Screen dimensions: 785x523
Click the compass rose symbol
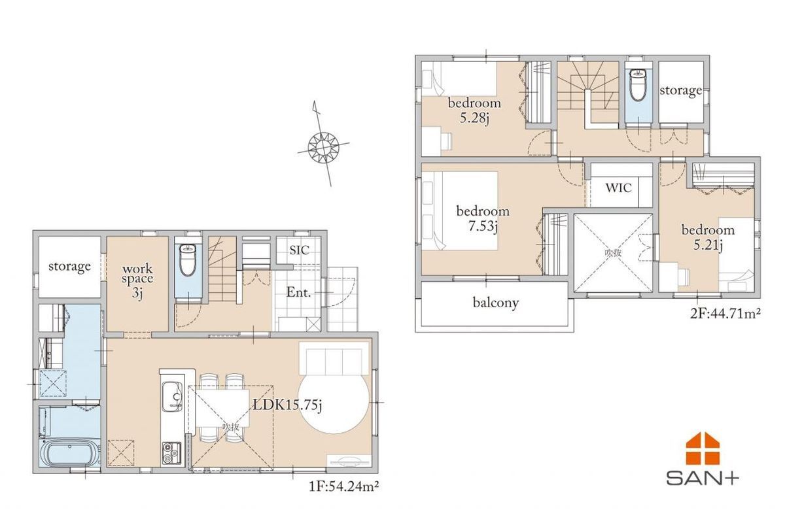[323, 147]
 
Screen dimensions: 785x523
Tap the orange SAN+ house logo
[703, 448]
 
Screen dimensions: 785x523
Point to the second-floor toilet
[638, 84]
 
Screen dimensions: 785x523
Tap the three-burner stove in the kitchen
[171, 454]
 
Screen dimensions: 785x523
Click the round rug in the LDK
[334, 404]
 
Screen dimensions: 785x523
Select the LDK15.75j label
[287, 405]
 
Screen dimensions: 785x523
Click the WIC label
[619, 188]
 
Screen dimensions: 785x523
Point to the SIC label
[300, 250]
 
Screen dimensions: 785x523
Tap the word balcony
[496, 303]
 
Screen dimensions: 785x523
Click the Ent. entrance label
[298, 292]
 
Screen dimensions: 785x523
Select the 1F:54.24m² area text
[343, 486]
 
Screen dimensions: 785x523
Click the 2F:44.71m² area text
[725, 314]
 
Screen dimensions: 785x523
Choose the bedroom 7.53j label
[483, 219]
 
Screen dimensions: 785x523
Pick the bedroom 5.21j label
[708, 238]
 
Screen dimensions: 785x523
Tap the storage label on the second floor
[681, 91]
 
